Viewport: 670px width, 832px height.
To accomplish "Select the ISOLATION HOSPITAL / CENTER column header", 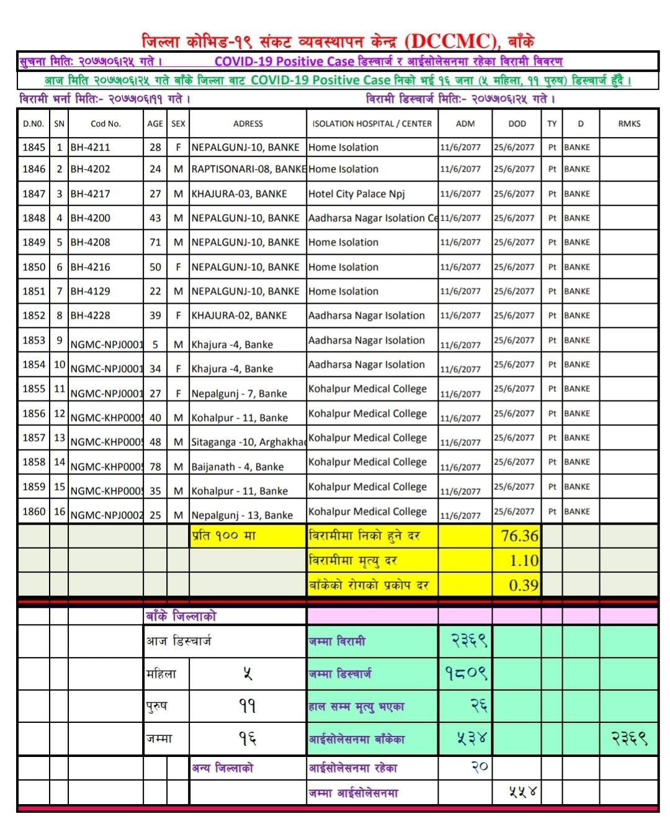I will coord(372,123).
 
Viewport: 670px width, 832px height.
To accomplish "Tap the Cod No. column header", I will coord(105,123).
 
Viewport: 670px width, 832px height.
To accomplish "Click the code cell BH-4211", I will coord(90,148).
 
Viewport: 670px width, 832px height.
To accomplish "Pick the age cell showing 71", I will coord(155,242).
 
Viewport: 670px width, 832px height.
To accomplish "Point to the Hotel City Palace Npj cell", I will coord(356,194).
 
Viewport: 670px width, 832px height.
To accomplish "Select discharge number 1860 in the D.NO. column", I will coord(34,511).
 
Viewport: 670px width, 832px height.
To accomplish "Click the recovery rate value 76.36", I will coord(519,536).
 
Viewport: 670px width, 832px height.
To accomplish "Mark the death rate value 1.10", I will coord(524,560).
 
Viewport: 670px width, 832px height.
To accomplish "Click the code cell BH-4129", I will coord(90,291).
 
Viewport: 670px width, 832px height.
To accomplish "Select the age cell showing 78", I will coord(155,467).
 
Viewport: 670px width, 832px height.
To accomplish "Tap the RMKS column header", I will coord(629,123).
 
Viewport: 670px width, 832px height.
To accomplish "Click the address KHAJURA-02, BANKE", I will coord(239,316).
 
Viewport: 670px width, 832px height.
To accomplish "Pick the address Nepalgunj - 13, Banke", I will coord(242,515).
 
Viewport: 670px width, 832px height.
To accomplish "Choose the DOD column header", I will coord(517,123).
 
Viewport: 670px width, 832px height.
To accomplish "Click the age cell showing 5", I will coord(155,345).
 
